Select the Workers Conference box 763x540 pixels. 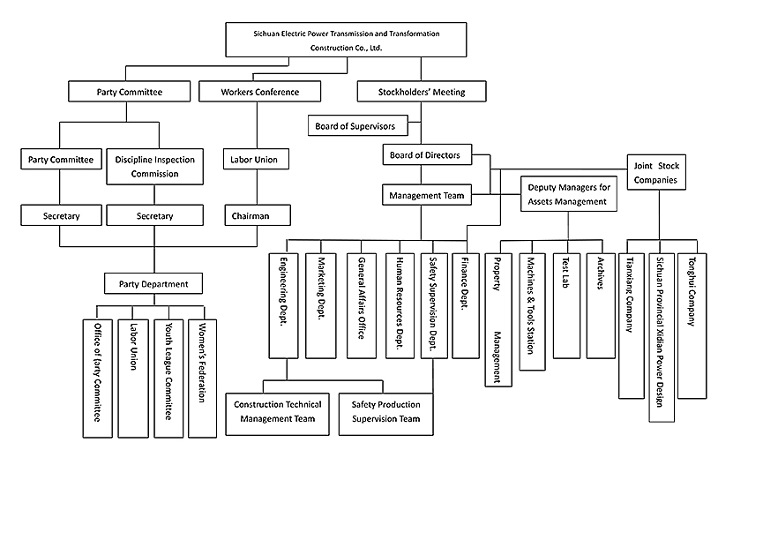tap(259, 92)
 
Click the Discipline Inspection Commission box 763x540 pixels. tap(154, 167)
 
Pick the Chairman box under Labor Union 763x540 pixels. tap(251, 215)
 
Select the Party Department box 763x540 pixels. tap(153, 283)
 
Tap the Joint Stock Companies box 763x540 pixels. tap(658, 173)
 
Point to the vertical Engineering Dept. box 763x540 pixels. tap(283, 304)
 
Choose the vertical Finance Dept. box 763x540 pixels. tap(465, 304)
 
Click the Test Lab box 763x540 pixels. tap(566, 304)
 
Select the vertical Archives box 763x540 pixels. tap(600, 304)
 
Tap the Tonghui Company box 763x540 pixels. tap(692, 318)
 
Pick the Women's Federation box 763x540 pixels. tap(202, 371)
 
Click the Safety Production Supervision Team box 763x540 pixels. tap(386, 411)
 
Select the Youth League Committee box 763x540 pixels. tap(168, 371)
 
